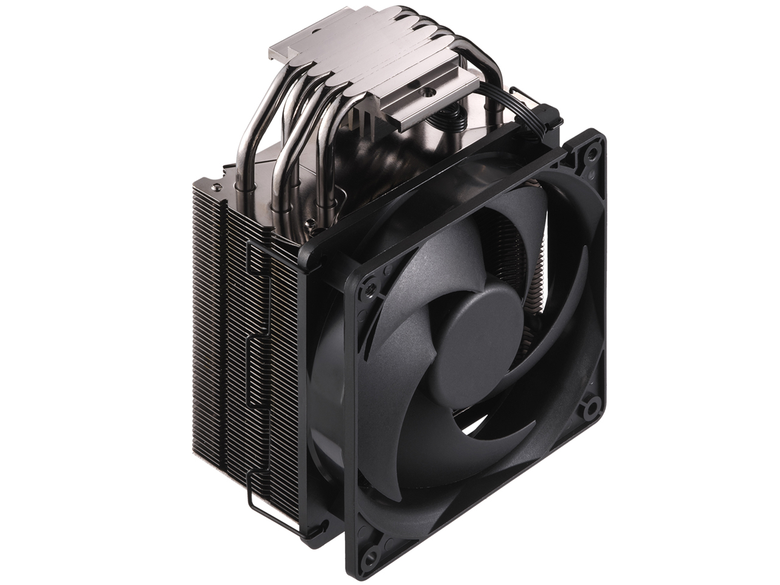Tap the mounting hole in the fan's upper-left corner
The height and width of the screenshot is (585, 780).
coord(367,286)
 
